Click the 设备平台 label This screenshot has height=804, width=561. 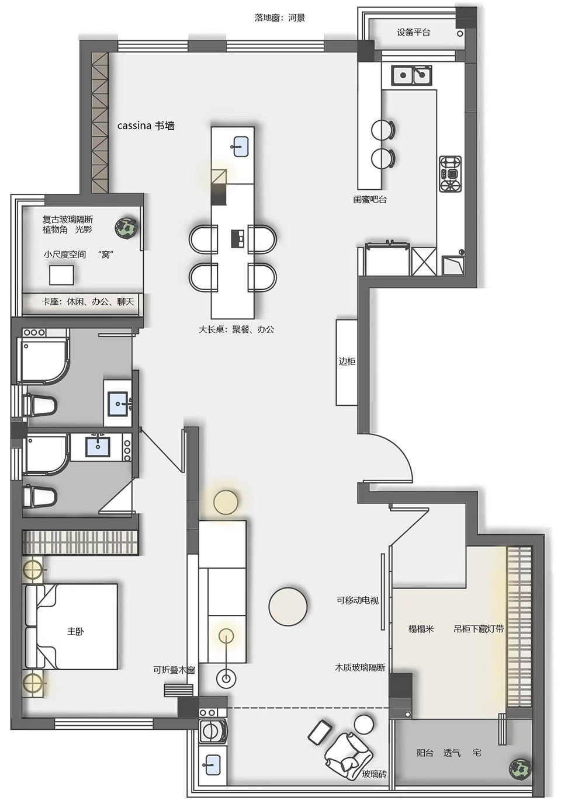pos(413,32)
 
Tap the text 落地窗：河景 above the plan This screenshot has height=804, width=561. pos(279,18)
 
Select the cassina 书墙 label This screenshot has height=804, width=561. pos(146,126)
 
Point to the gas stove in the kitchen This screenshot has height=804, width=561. pos(450,174)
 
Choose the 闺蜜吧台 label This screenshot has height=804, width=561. pos(369,199)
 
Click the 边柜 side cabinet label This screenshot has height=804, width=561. pos(347,361)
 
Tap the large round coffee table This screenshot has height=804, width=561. pos(288,607)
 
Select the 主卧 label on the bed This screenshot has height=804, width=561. pos(75,631)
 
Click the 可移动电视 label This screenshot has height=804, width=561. pos(357,600)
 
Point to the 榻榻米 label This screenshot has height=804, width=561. pos(421,629)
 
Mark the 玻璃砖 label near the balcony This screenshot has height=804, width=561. pos(374,774)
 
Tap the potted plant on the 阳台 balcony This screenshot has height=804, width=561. pos(520,769)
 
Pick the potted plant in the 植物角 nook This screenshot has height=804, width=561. pos(126,228)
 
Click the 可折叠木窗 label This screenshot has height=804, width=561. pos(174,670)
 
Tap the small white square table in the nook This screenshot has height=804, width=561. pos(61,275)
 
